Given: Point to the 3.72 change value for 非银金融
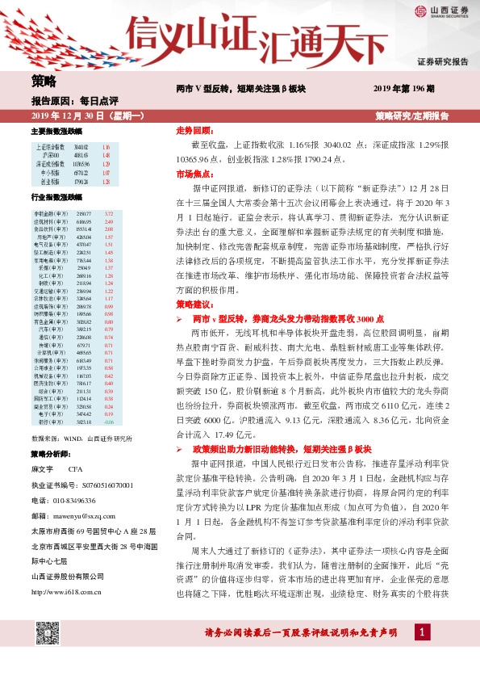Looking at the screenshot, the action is pos(110,212).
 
